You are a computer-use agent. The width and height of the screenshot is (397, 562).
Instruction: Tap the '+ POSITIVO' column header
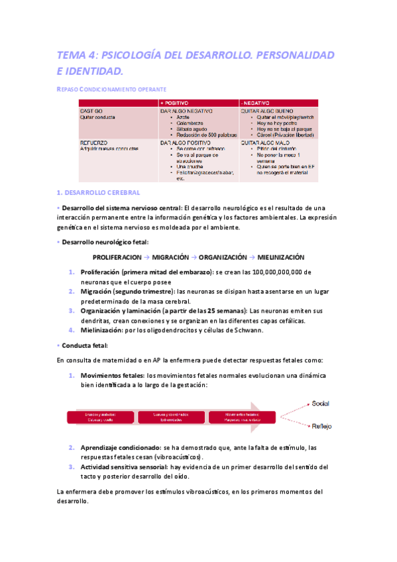point(175,103)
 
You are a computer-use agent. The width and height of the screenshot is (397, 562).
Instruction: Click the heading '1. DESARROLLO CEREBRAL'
point(98,192)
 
